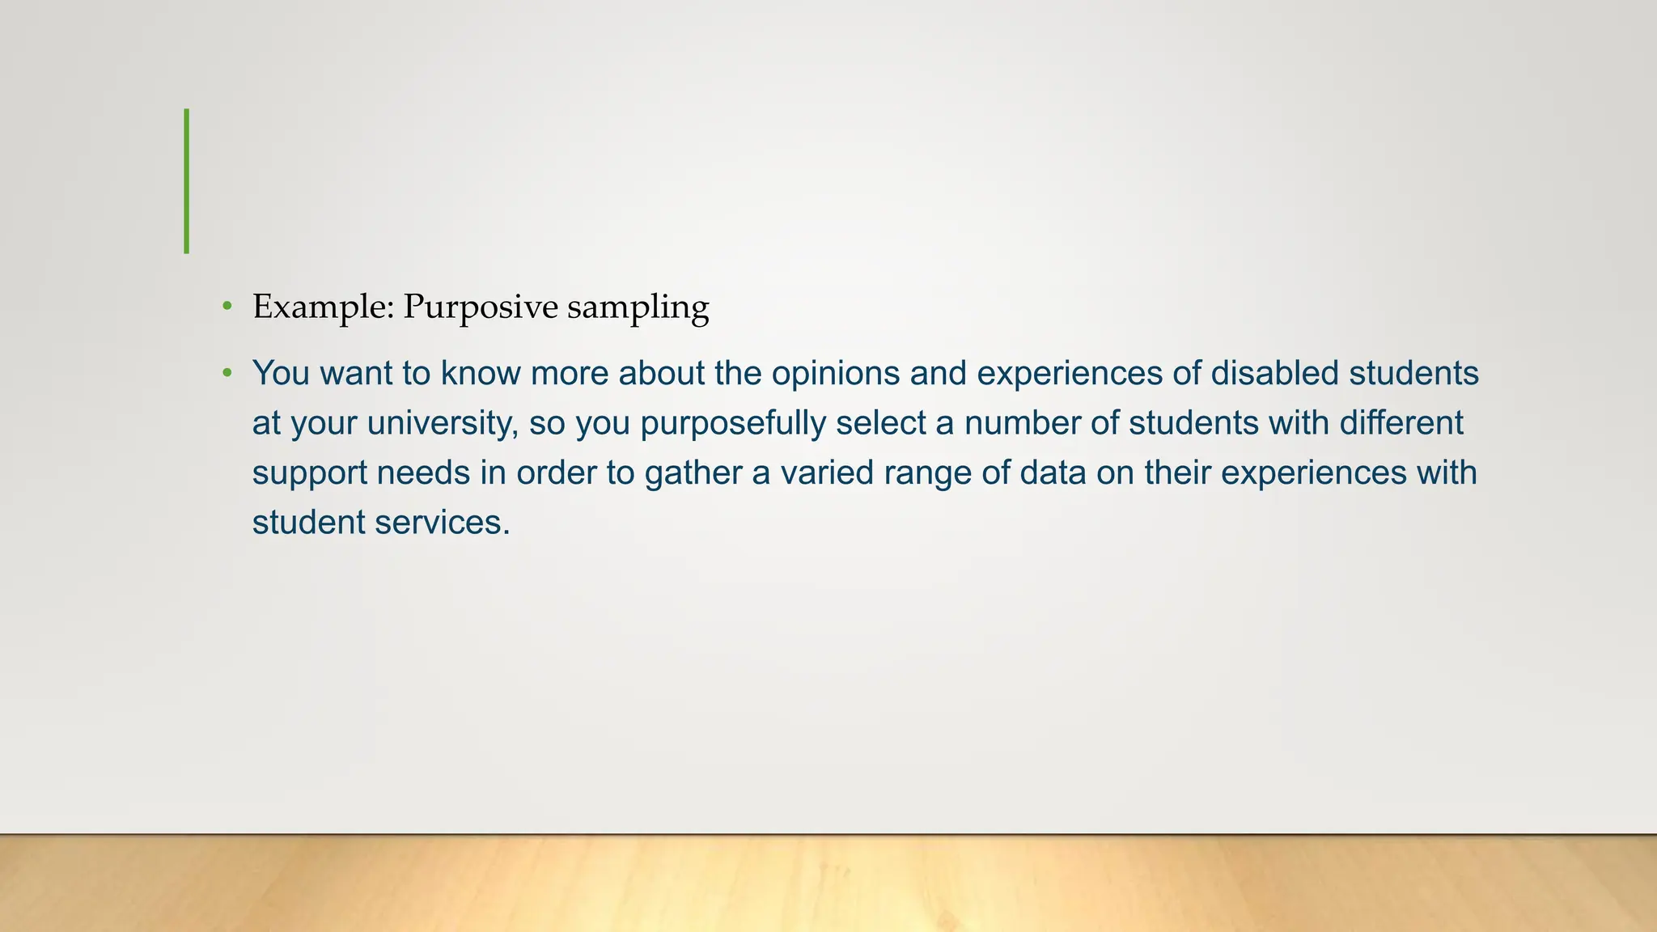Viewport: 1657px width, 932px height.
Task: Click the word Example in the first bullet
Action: point(323,307)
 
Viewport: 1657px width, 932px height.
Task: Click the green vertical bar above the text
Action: point(187,181)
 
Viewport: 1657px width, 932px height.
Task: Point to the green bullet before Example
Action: point(227,307)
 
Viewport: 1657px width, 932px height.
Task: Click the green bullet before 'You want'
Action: point(227,373)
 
